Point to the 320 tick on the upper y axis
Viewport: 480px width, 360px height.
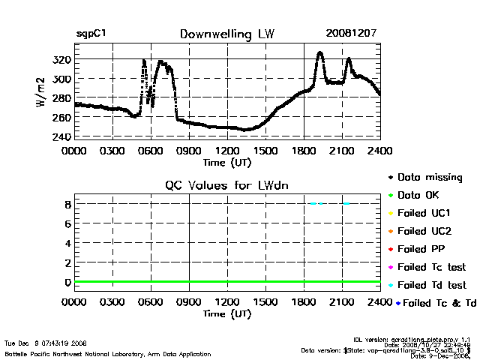tap(62, 59)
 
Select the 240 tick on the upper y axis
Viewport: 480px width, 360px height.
tap(62, 137)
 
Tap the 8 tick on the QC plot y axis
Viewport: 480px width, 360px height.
tap(67, 204)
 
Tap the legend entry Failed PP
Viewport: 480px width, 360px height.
tap(421, 249)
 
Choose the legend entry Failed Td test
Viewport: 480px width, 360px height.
tap(431, 285)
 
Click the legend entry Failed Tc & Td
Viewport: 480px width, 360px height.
tap(435, 303)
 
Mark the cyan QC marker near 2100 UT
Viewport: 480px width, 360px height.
tap(346, 203)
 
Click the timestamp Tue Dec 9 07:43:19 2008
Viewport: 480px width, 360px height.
tap(46, 343)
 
